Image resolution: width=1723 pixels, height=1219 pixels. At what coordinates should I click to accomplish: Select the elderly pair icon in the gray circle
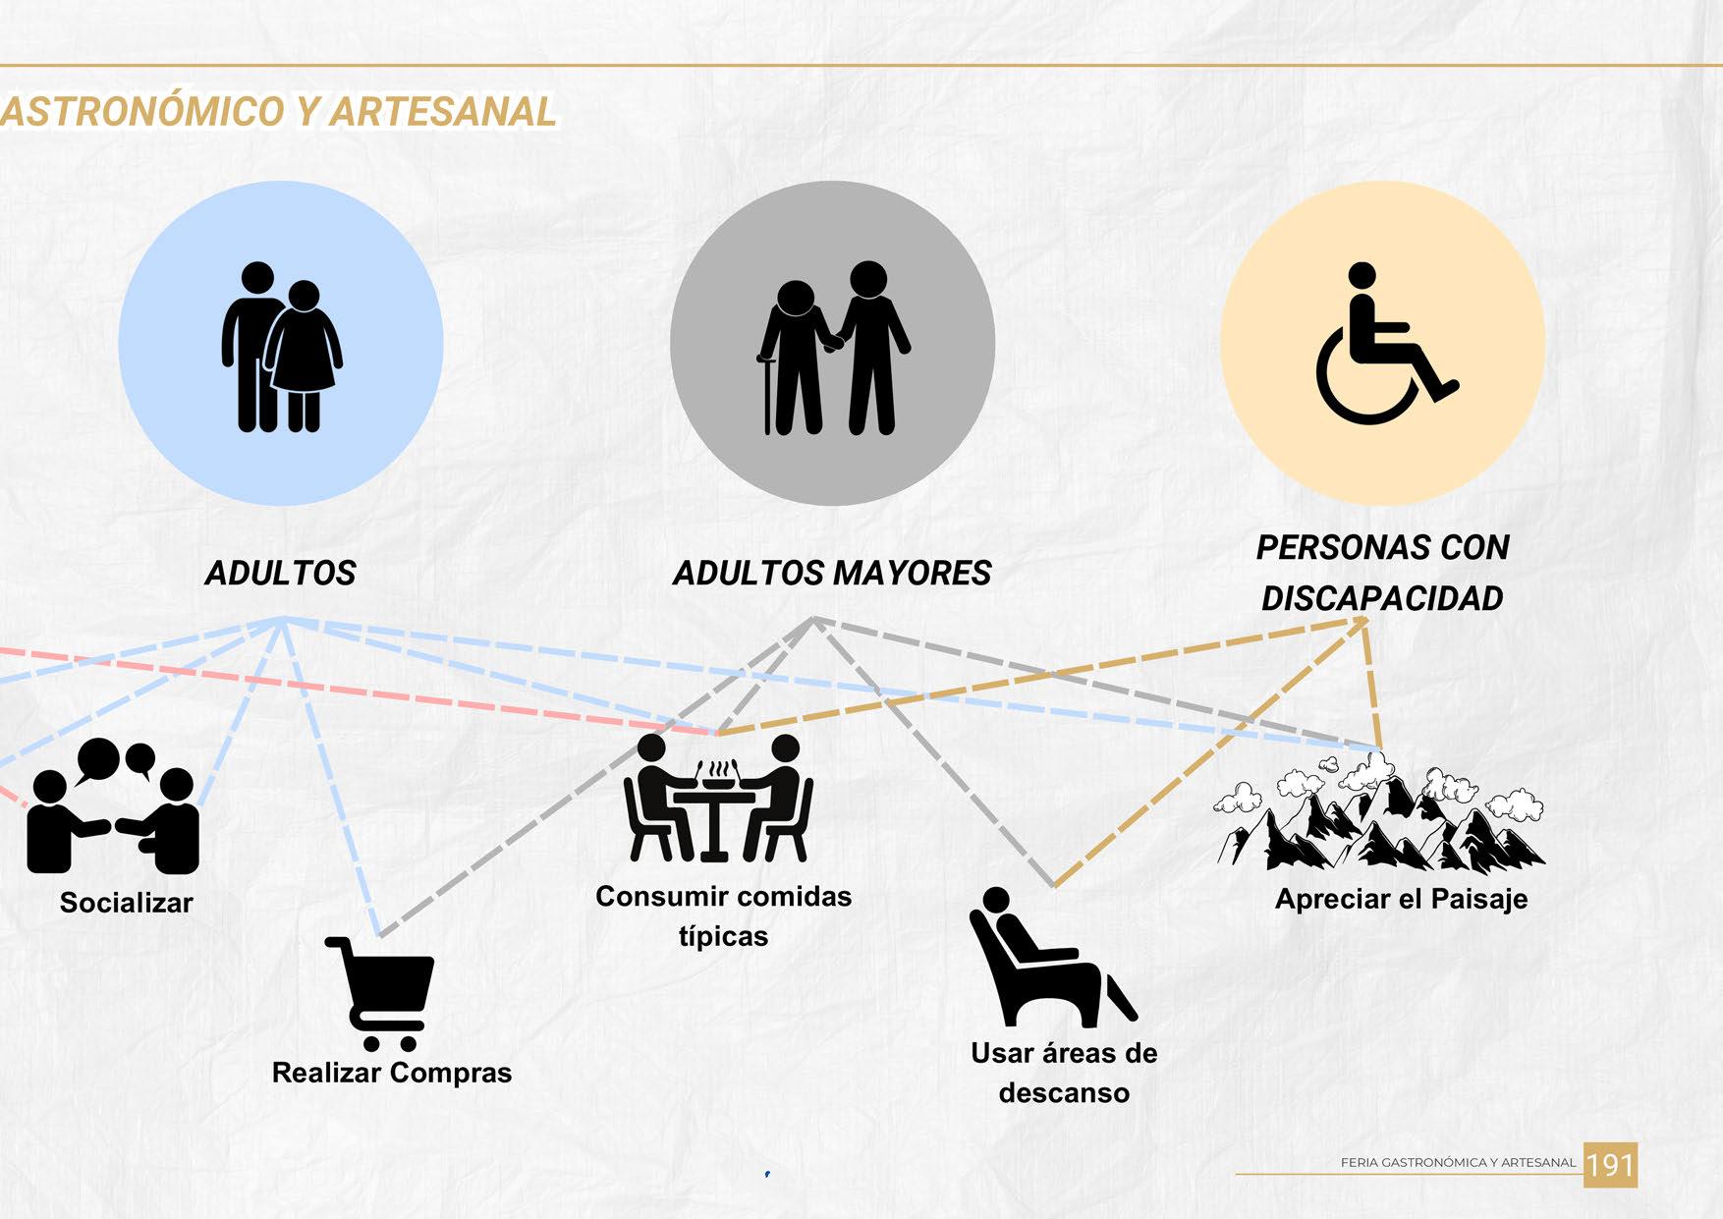833,348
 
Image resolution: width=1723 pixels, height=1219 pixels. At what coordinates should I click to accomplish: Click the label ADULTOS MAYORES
832,573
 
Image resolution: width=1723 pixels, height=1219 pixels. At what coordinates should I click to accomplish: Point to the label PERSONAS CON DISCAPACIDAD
1382,573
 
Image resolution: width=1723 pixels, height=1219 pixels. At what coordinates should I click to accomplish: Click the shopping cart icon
382,992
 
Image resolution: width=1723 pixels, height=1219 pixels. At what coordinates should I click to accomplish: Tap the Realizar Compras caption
391,1072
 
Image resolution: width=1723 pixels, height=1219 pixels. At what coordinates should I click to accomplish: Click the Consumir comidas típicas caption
723,915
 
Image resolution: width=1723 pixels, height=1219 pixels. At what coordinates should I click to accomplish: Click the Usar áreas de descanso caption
1064,1073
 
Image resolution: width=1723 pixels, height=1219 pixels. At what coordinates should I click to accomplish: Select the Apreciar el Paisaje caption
1401,899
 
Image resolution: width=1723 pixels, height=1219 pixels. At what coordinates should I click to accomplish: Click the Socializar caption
126,903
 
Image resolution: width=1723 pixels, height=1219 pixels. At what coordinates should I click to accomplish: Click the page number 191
1610,1165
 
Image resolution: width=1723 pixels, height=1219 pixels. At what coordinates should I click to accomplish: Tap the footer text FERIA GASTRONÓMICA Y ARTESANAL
1458,1162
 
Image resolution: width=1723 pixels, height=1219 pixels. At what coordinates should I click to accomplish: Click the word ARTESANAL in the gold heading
444,111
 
